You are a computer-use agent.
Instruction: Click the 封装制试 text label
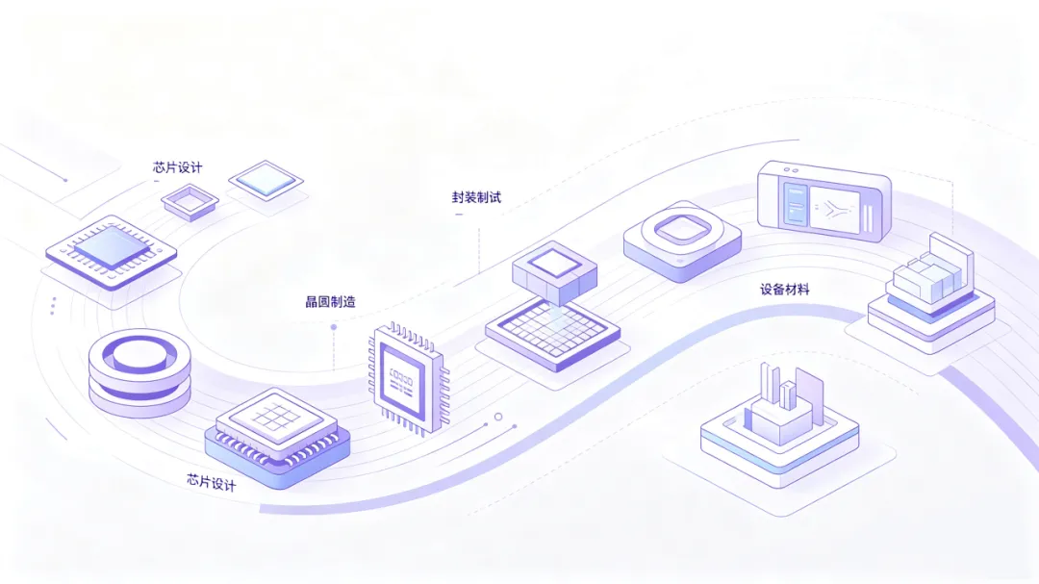pyautogui.click(x=476, y=197)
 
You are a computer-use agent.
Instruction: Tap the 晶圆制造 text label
pyautogui.click(x=330, y=301)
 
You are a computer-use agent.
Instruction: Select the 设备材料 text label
pyautogui.click(x=785, y=289)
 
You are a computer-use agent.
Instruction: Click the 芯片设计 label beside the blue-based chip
pyautogui.click(x=212, y=482)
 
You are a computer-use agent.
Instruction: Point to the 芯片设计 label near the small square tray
pyautogui.click(x=178, y=167)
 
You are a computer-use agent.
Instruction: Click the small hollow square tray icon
pyautogui.click(x=190, y=201)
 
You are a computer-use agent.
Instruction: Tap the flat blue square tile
pyautogui.click(x=266, y=180)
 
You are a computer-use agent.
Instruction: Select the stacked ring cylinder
pyautogui.click(x=139, y=372)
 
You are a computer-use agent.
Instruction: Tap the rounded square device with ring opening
pyautogui.click(x=682, y=241)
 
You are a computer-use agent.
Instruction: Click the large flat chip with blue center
pyautogui.click(x=112, y=253)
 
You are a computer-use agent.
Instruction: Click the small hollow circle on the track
pyautogui.click(x=498, y=417)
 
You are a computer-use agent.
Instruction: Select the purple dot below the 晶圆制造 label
pyautogui.click(x=334, y=327)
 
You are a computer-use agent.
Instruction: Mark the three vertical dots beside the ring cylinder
pyautogui.click(x=53, y=306)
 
